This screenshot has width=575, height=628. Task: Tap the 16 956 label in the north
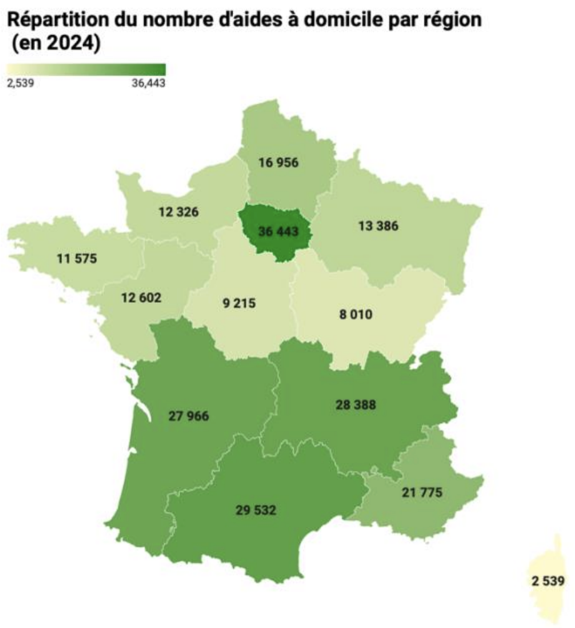[x=278, y=163]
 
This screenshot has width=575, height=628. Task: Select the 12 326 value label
[x=178, y=212]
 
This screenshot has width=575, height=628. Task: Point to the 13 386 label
[x=377, y=225]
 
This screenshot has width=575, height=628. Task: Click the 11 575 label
[x=76, y=257]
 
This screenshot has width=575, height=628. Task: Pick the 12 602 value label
[x=141, y=298]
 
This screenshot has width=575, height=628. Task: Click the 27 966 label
[x=188, y=416]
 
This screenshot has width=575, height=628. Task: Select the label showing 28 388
[x=356, y=405]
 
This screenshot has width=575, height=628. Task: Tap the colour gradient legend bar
[x=86, y=69]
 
